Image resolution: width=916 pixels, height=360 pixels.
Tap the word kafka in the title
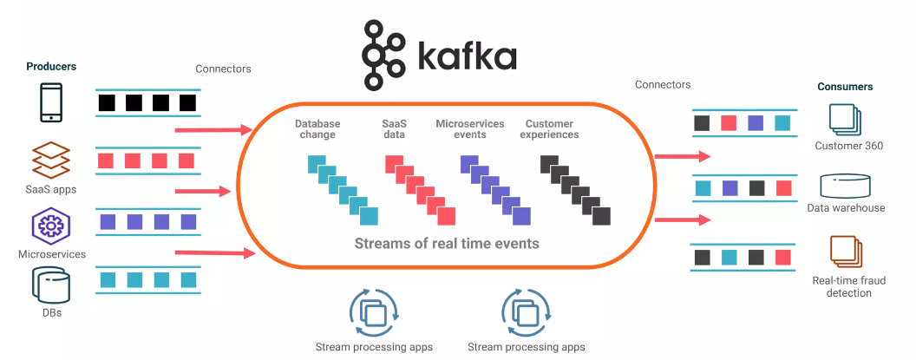click(467, 56)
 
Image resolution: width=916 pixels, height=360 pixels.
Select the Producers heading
click(51, 67)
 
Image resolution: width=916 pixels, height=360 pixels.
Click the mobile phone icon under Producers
click(51, 102)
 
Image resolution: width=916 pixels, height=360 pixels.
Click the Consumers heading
click(845, 87)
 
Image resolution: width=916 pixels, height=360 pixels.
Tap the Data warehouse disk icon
click(845, 186)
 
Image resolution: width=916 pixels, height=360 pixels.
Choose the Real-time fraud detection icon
click(845, 251)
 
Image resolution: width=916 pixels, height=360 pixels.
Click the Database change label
click(317, 129)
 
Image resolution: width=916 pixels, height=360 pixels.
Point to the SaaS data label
click(394, 129)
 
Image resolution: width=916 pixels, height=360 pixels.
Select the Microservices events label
click(469, 129)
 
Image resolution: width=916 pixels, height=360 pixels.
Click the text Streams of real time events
click(447, 243)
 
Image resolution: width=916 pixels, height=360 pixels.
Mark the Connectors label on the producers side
click(223, 69)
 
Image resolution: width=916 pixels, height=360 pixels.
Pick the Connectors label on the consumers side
click(663, 85)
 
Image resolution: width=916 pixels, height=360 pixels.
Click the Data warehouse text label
click(846, 208)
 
